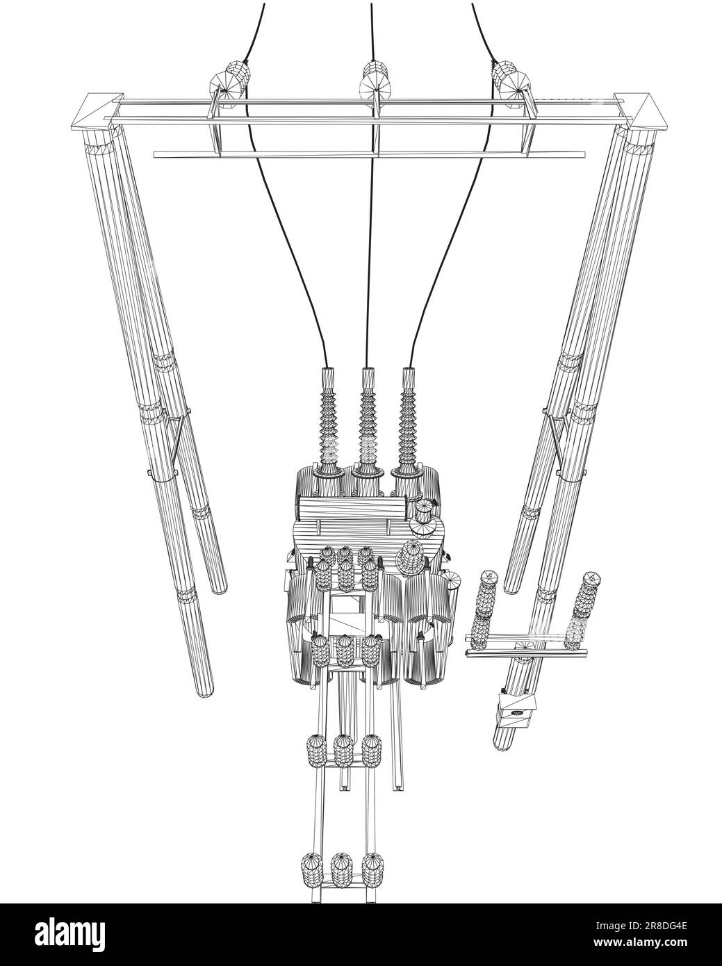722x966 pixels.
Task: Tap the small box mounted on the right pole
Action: click(x=516, y=709)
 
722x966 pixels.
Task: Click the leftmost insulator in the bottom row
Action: click(x=313, y=869)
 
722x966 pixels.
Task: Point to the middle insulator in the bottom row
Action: click(x=343, y=869)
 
